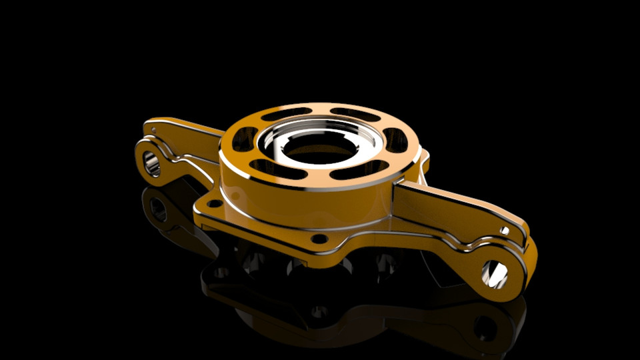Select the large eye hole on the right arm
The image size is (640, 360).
(495, 273)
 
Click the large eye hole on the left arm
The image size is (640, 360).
(152, 162)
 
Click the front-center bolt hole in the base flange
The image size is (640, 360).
(319, 238)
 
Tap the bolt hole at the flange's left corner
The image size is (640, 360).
(213, 203)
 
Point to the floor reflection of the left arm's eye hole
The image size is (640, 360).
(158, 209)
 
